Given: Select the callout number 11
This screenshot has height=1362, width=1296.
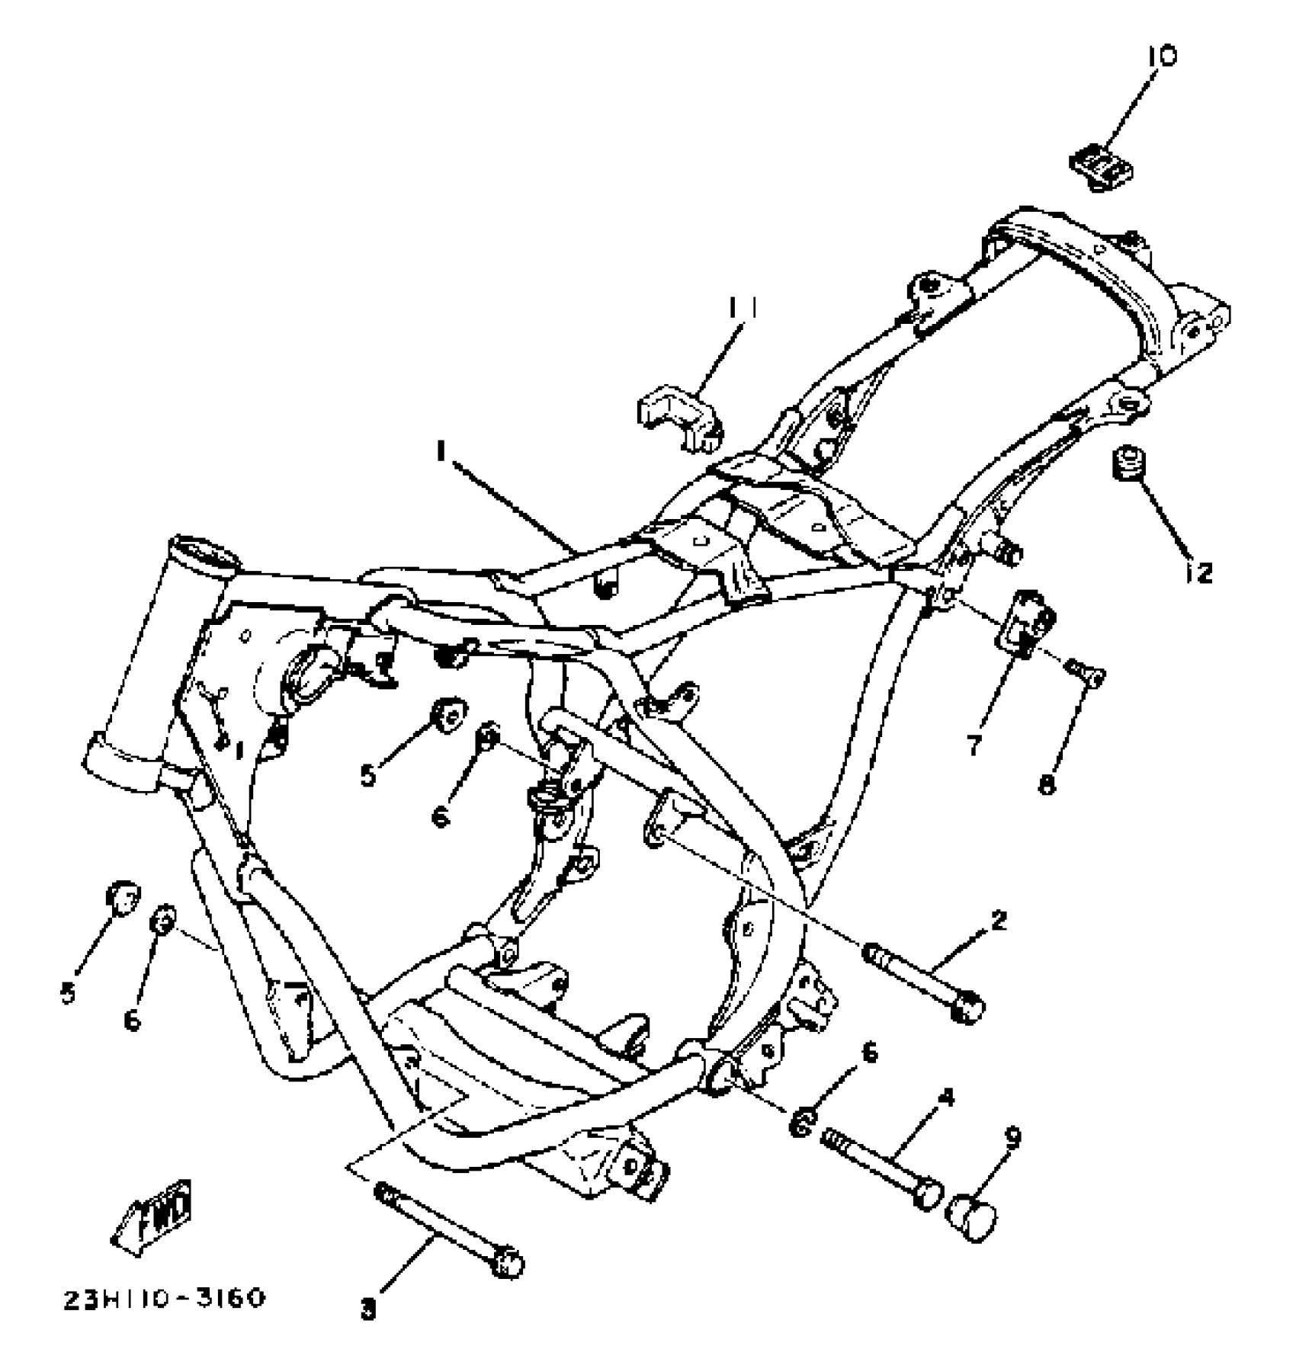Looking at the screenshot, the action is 740,308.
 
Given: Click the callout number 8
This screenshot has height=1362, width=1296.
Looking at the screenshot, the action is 1048,784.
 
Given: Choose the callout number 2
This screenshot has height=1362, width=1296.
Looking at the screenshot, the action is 999,920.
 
